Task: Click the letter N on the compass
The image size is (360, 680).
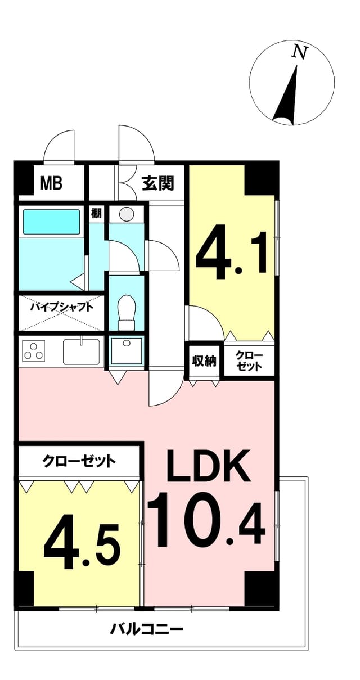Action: (299, 52)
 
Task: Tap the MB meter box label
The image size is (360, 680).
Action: (52, 183)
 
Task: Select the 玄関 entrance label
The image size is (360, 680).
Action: (158, 183)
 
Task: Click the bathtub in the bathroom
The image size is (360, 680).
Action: (51, 222)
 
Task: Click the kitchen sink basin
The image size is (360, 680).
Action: (81, 351)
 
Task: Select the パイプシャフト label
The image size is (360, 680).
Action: (61, 307)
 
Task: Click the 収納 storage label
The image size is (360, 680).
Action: (204, 361)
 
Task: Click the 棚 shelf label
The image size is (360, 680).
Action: (96, 213)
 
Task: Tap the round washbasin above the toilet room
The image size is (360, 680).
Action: (126, 215)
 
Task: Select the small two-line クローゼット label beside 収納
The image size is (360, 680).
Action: (249, 361)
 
